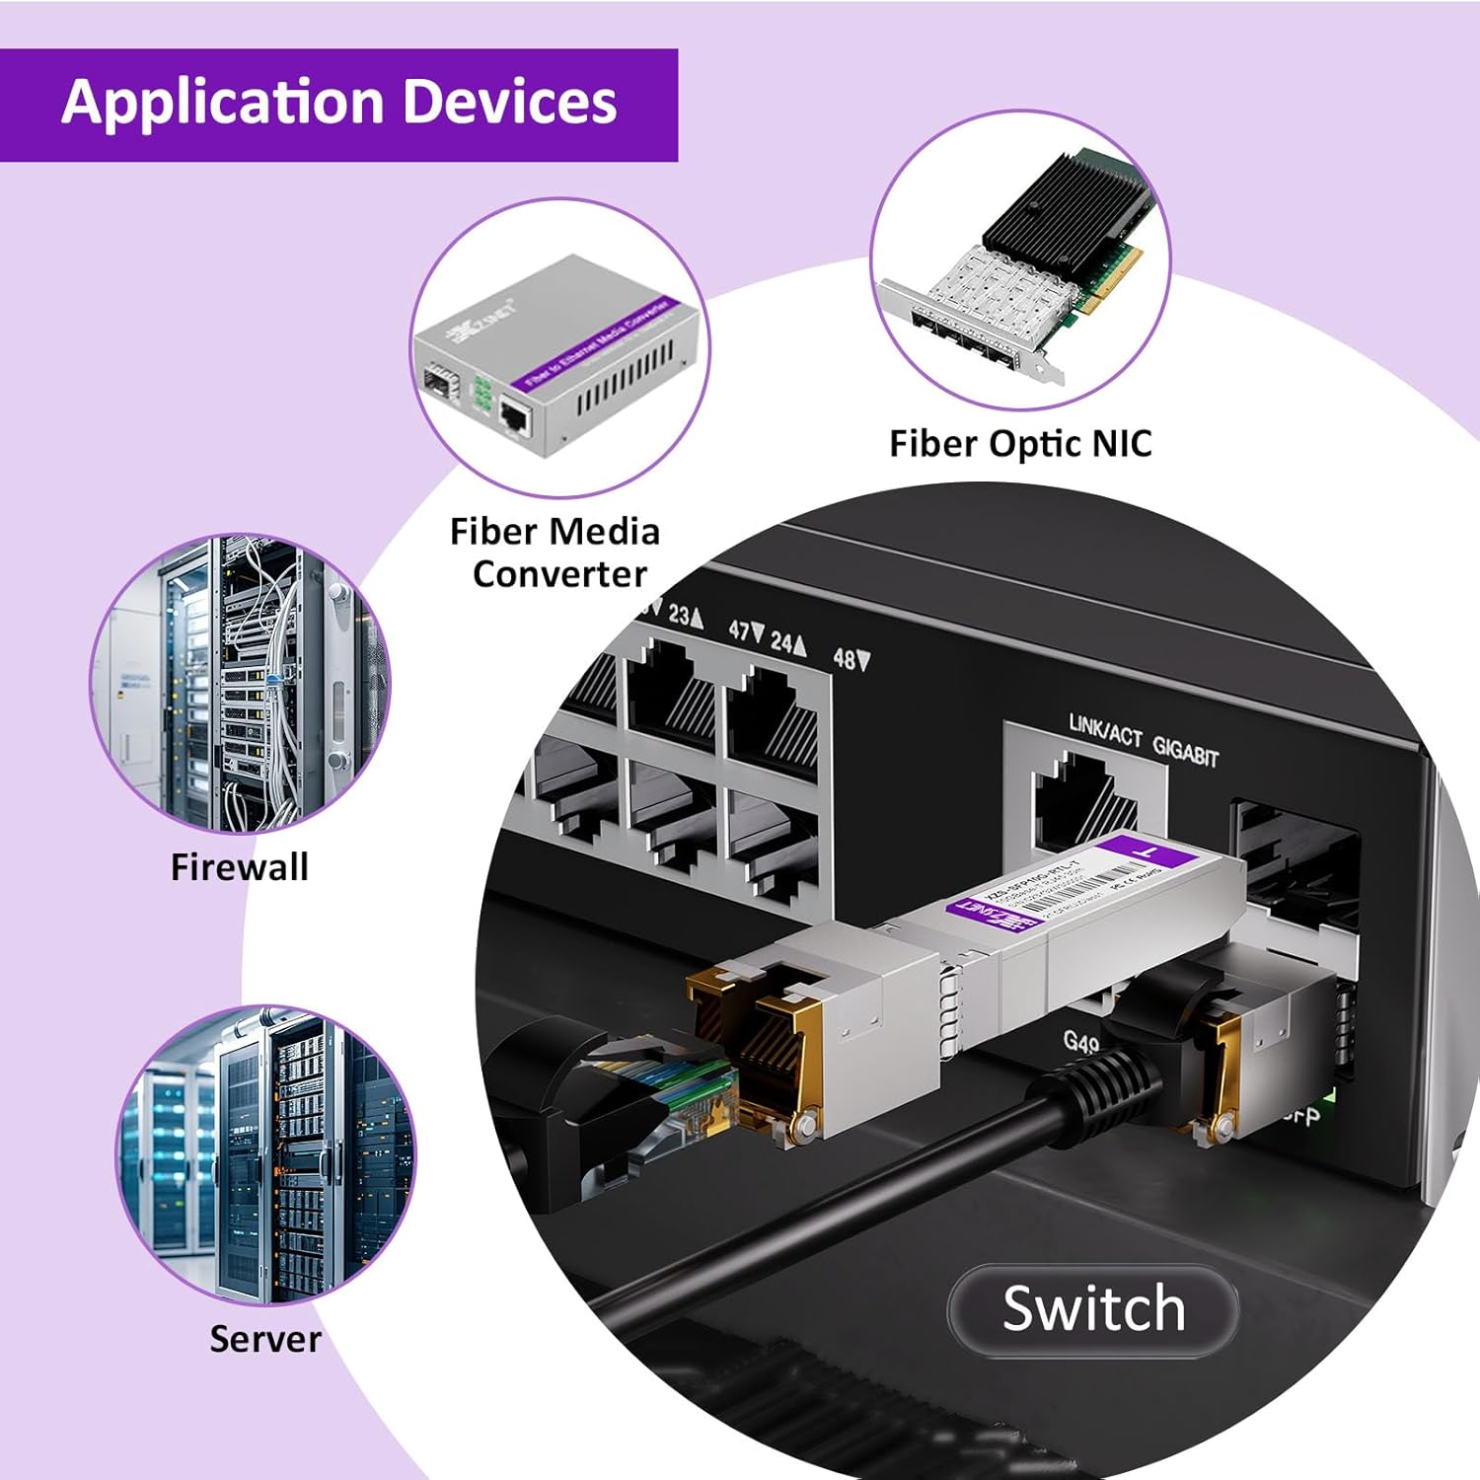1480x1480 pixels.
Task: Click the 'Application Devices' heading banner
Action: tap(338, 104)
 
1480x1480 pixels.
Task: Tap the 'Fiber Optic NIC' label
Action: tap(1020, 444)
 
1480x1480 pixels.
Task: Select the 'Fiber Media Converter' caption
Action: tap(555, 553)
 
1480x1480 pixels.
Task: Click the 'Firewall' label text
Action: tap(240, 867)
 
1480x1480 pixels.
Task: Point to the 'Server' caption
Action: tap(265, 1339)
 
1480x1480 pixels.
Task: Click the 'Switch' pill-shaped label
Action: tap(1093, 1310)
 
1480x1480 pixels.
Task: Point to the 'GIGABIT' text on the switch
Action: tap(1186, 751)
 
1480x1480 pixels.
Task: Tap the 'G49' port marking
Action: tap(1080, 1042)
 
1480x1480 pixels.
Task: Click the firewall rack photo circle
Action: tap(240, 684)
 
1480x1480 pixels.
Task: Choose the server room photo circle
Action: tap(265, 1154)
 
